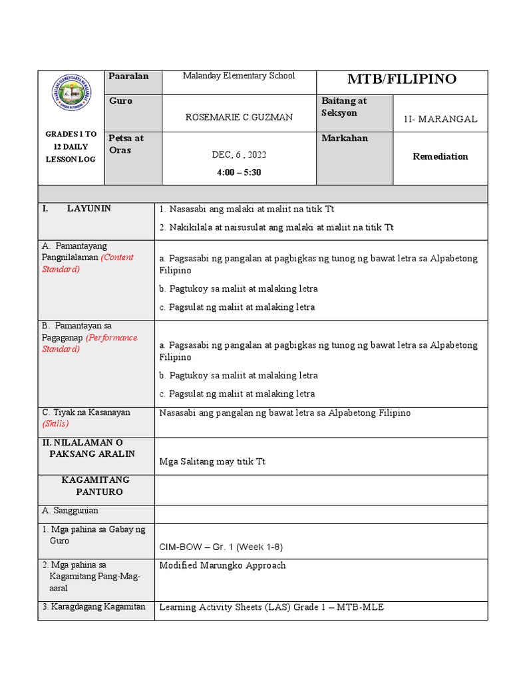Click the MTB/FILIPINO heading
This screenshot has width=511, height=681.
(402, 80)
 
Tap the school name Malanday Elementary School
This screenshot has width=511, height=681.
(239, 76)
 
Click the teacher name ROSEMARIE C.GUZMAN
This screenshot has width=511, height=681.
(239, 117)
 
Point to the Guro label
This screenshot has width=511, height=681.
(120, 101)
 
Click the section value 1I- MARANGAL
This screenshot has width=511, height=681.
(440, 120)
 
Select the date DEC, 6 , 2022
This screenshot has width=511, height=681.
(239, 154)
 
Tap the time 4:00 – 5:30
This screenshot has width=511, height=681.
(239, 172)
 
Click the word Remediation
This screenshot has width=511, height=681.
(440, 157)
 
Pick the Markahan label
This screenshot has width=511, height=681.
(344, 138)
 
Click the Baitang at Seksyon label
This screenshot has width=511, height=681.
(344, 107)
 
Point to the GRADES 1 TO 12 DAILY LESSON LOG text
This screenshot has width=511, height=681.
(71, 147)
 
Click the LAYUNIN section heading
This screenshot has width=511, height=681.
(88, 209)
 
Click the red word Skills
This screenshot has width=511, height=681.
(55, 424)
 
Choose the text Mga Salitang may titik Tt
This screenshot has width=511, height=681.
(212, 462)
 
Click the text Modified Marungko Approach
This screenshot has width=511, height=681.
(222, 565)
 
